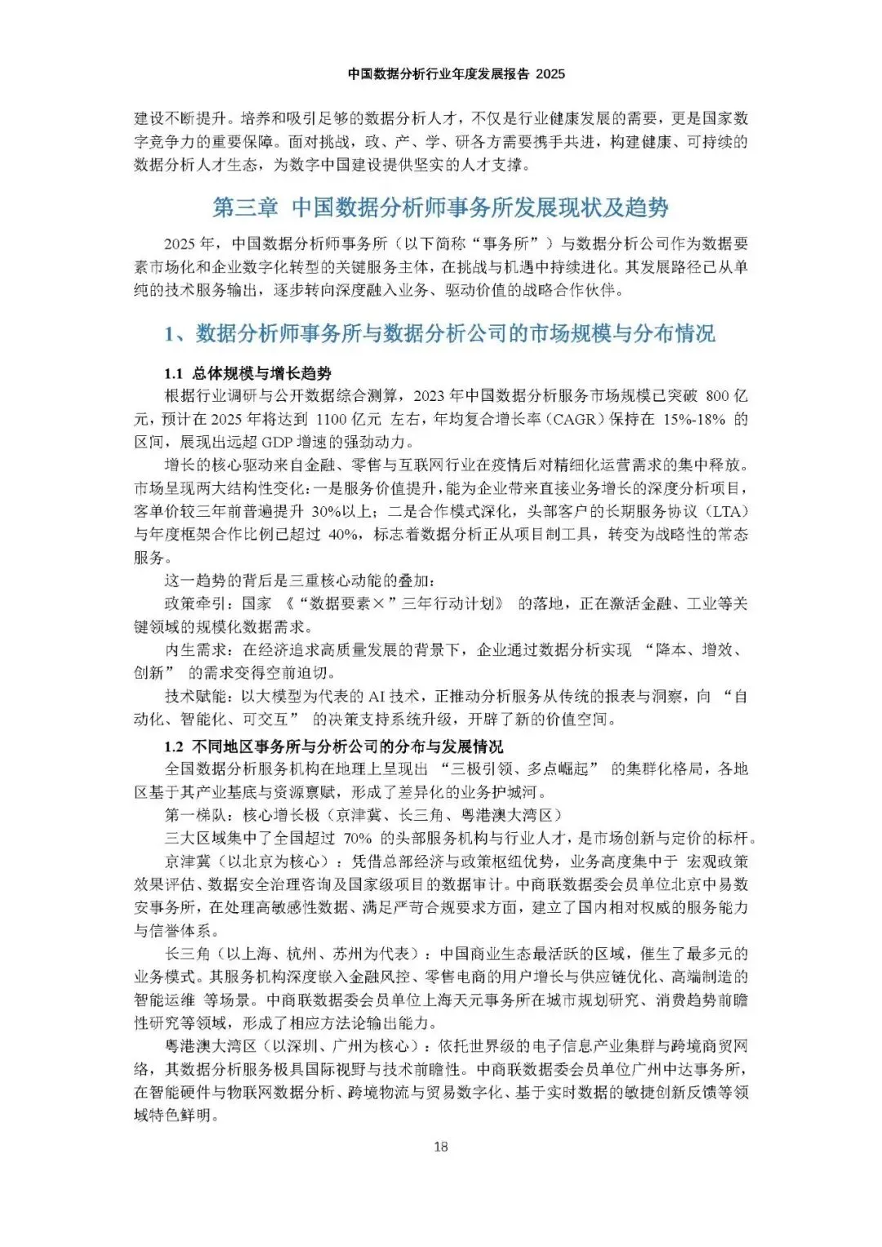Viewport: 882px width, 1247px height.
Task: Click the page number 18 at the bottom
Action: (x=441, y=1147)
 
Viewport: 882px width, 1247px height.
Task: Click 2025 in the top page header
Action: (x=550, y=73)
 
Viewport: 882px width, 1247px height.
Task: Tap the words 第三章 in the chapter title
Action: (x=245, y=207)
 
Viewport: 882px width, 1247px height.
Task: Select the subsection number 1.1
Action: (x=173, y=373)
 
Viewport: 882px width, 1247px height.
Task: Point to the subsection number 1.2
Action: (x=173, y=746)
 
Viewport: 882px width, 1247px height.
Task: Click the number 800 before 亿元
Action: (x=717, y=396)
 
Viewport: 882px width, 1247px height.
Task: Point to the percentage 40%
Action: (x=342, y=534)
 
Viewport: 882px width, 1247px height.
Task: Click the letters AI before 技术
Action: (x=376, y=696)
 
